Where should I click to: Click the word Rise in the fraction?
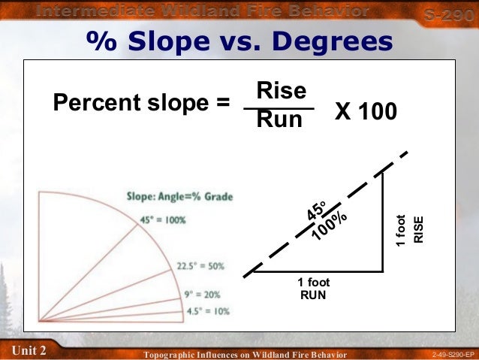coord(282,91)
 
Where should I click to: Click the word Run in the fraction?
coord(279,119)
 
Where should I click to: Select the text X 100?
coord(366,111)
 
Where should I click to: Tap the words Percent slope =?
coord(141,103)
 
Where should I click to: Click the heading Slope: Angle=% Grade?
coord(179,197)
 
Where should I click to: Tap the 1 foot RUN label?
coord(313,289)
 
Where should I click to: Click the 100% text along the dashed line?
coord(330,225)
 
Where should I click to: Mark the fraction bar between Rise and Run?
coord(279,107)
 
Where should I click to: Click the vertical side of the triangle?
coord(384,222)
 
